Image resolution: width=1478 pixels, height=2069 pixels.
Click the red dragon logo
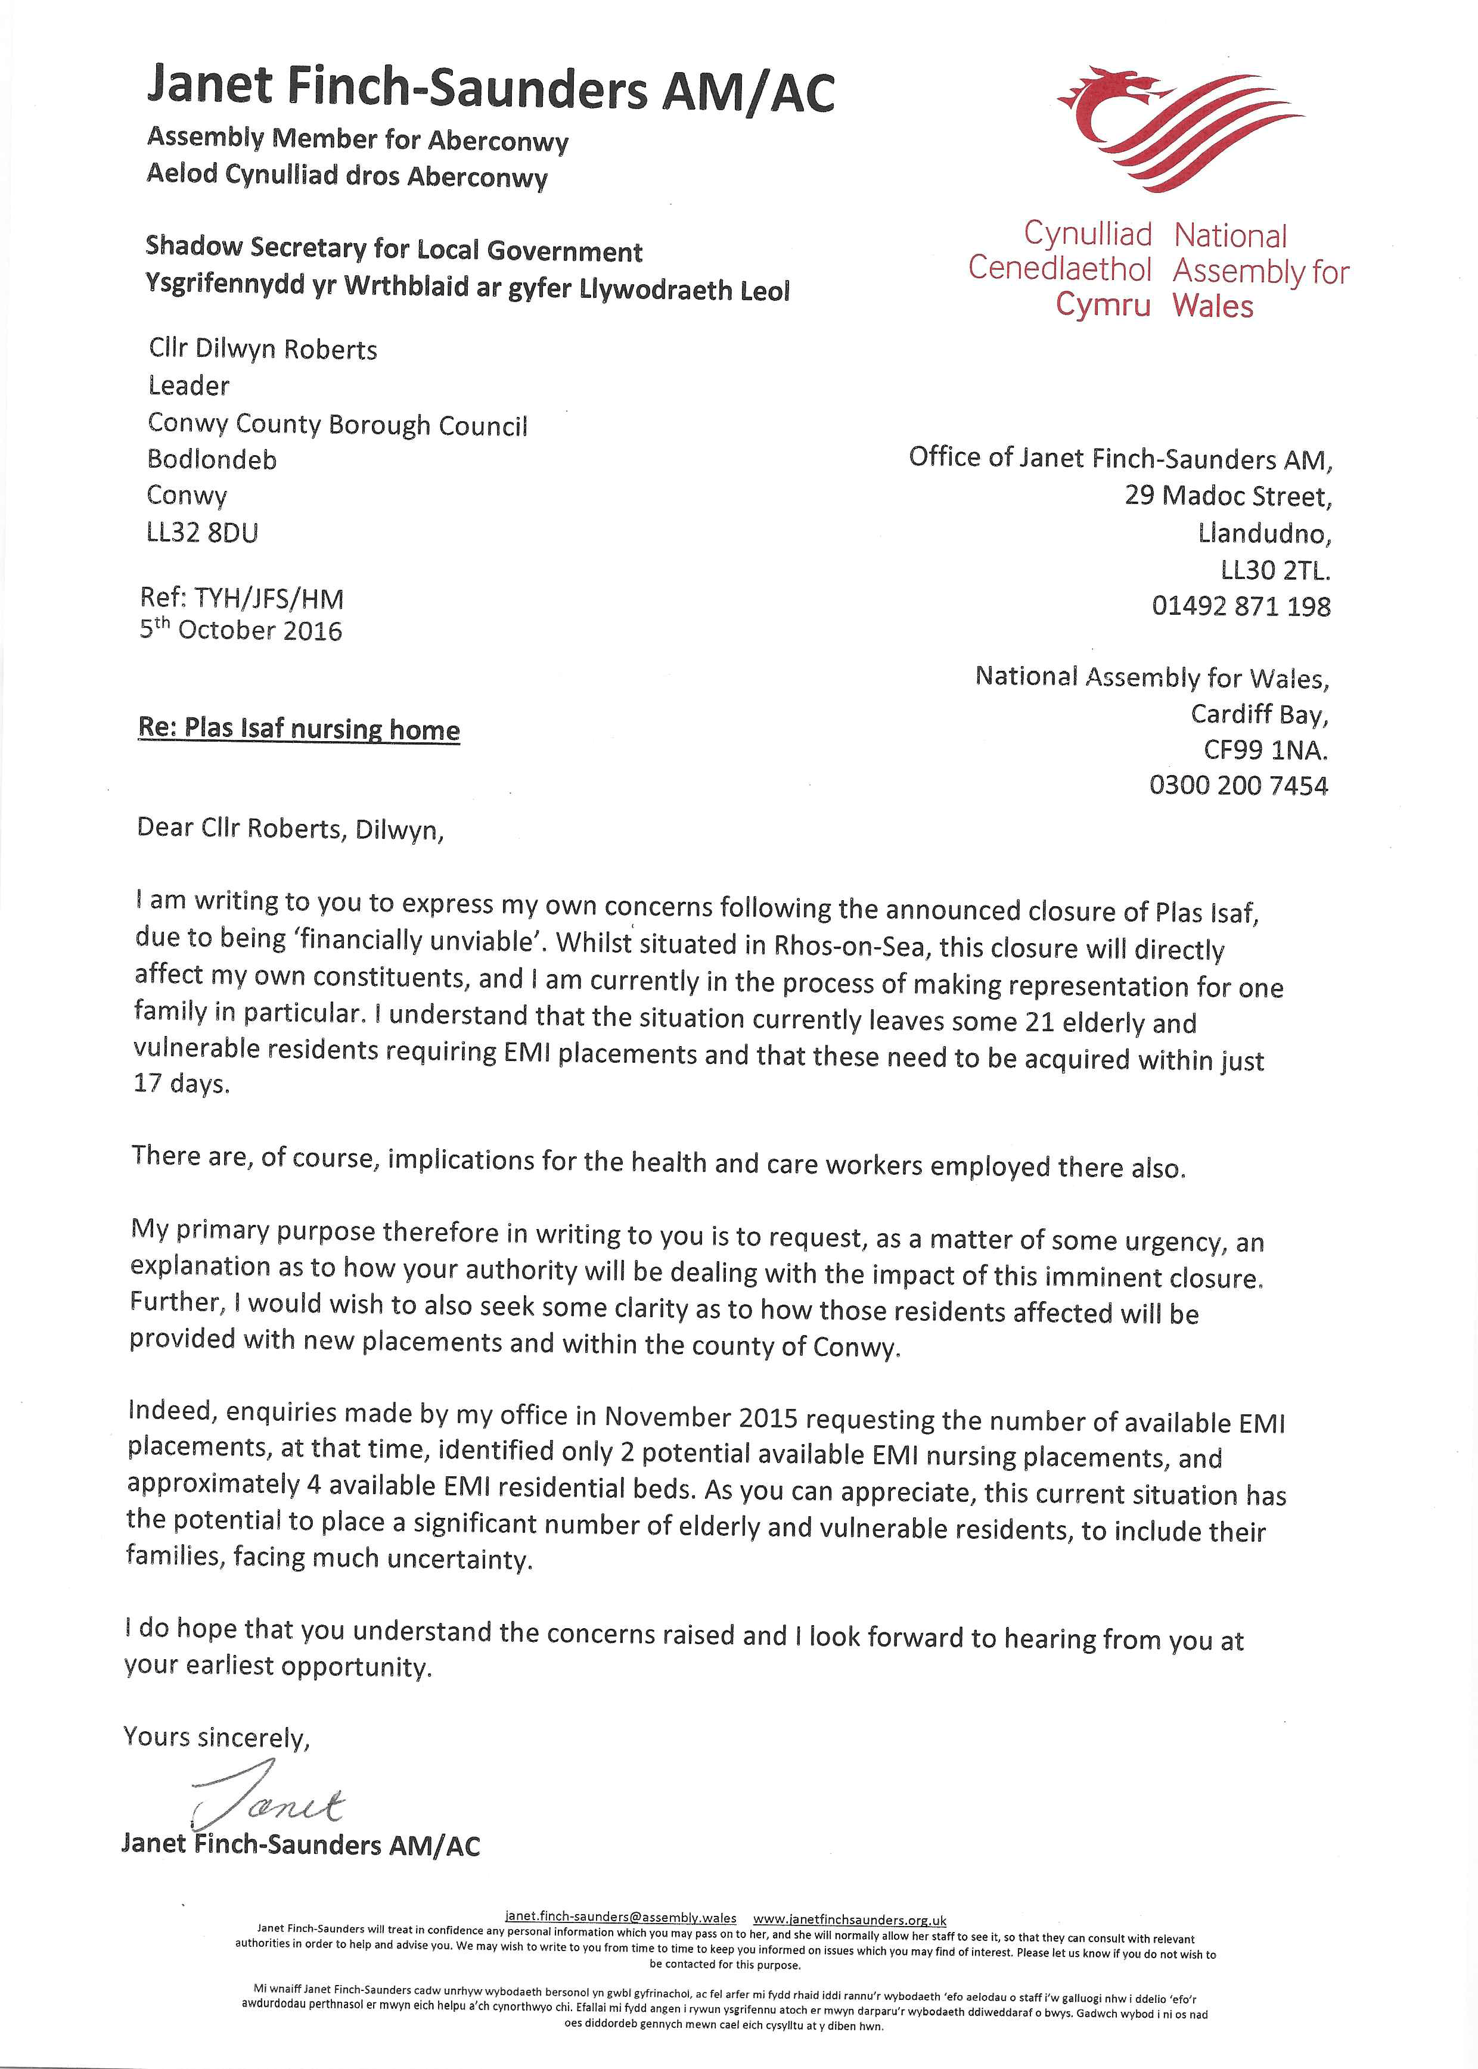tap(1174, 127)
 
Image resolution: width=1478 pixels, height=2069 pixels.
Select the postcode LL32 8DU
tap(202, 532)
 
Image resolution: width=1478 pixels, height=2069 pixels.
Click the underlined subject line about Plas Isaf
tap(299, 729)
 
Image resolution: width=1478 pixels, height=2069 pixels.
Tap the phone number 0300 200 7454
tap(1238, 785)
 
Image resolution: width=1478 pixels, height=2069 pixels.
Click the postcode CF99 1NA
tap(1265, 749)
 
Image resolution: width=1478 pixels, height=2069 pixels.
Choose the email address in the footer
tap(620, 1917)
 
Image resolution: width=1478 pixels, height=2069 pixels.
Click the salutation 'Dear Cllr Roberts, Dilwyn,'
tap(290, 829)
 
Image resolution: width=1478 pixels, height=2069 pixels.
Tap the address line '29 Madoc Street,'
tap(1228, 496)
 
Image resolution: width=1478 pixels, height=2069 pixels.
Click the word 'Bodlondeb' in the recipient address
tap(212, 459)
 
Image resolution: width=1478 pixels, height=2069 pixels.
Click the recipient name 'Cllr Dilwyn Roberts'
tap(262, 349)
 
